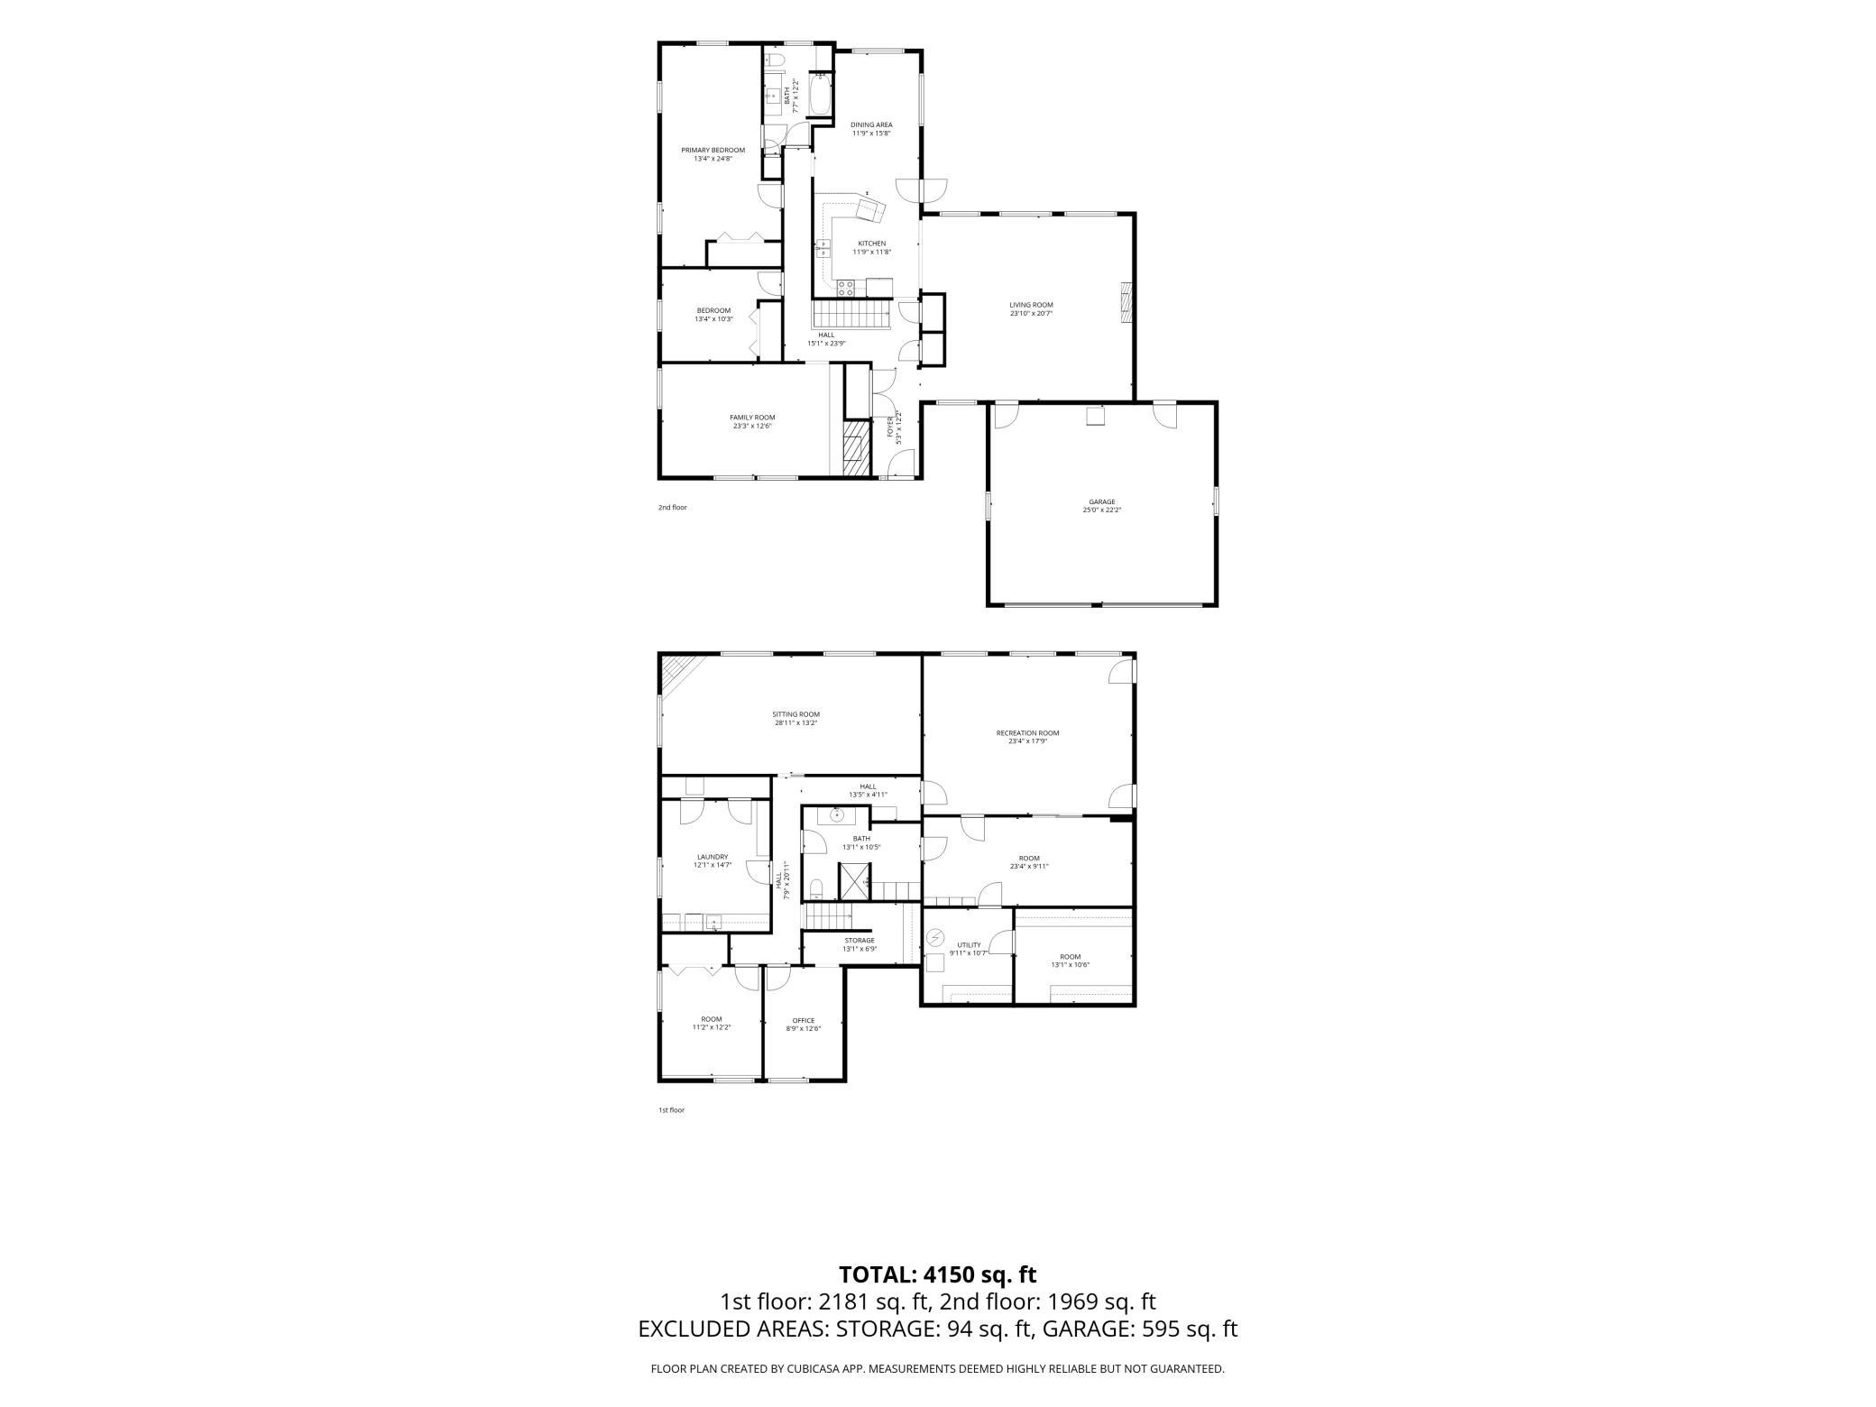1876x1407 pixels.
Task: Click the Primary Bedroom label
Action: click(713, 150)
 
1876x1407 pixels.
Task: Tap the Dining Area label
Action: click(871, 124)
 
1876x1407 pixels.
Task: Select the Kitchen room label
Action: click(871, 244)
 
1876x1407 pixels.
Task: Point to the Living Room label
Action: click(1031, 305)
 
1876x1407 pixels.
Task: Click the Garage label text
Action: click(1102, 501)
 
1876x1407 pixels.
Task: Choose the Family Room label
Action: click(752, 418)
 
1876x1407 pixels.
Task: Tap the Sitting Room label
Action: click(795, 714)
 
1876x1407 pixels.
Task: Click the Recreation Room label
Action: click(1027, 733)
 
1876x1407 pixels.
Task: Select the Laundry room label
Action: click(713, 857)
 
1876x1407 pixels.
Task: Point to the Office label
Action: click(804, 1021)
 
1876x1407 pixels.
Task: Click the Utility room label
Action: click(969, 945)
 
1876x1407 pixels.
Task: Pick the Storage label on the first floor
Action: click(859, 941)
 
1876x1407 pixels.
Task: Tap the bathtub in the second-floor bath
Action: click(820, 96)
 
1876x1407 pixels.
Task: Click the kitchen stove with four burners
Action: click(846, 288)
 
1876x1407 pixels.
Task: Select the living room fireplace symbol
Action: click(1126, 303)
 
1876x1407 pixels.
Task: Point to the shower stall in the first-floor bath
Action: click(853, 881)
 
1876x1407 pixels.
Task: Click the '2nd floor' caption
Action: click(672, 508)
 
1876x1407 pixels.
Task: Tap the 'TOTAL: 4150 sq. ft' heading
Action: click(938, 1274)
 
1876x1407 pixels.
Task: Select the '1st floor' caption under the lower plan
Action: click(671, 1110)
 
